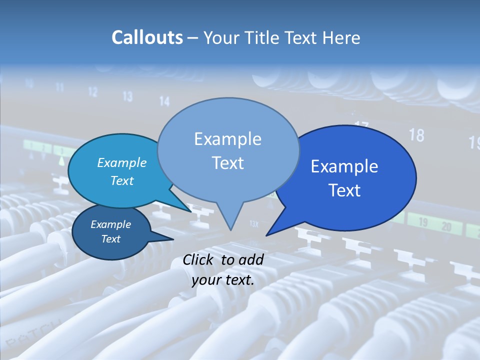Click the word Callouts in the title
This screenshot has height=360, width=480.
point(147,37)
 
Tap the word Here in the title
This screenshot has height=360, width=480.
point(341,37)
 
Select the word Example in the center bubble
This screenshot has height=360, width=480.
point(227,139)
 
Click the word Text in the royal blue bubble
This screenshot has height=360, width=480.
point(344,190)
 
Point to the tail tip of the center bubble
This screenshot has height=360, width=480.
point(230,229)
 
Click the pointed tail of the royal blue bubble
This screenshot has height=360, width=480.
point(268,233)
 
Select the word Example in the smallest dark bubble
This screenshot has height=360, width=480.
point(110,224)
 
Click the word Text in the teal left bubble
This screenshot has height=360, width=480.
point(121,180)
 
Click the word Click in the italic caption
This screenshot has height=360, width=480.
point(199,259)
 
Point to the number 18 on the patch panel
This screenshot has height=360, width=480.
point(416,135)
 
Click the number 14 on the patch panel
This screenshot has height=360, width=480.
point(164,101)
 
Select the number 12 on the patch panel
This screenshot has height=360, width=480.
point(93,92)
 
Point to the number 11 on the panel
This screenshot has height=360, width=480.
point(59,87)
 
